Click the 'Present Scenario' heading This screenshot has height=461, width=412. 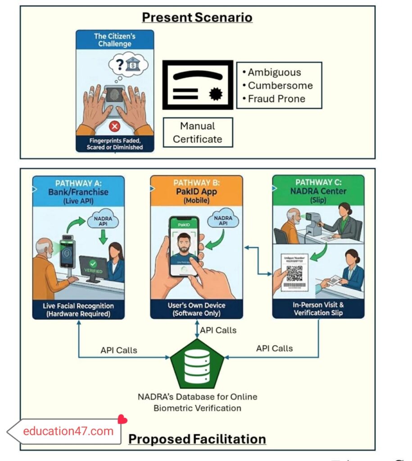[x=197, y=18]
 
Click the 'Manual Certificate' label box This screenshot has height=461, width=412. [x=198, y=132]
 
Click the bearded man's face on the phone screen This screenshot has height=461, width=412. [x=183, y=244]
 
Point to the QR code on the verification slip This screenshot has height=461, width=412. [x=294, y=273]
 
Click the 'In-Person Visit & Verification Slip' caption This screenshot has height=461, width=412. [x=318, y=309]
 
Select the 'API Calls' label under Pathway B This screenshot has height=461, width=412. [x=218, y=330]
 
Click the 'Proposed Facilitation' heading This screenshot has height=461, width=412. [x=197, y=438]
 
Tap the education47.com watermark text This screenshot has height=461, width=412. [x=68, y=431]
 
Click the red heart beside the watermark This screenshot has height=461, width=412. [x=122, y=420]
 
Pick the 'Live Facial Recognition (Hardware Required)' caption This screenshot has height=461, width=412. [x=78, y=310]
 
